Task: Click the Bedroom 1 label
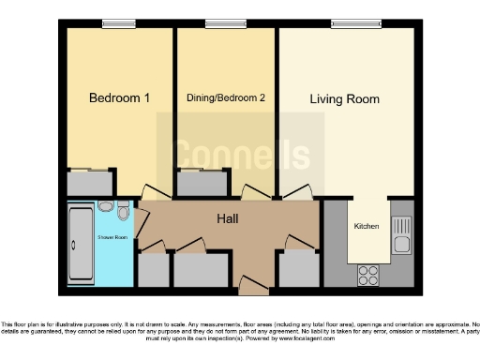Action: (x=119, y=97)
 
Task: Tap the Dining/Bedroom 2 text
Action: (x=225, y=97)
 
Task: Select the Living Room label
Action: (x=345, y=97)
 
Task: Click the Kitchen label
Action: (x=366, y=227)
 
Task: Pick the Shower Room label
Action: (x=112, y=237)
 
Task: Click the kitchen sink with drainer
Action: (x=401, y=235)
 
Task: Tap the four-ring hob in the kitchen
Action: (x=367, y=276)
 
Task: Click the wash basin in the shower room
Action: (x=124, y=207)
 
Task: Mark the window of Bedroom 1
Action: (x=118, y=23)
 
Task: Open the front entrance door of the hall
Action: (x=249, y=284)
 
